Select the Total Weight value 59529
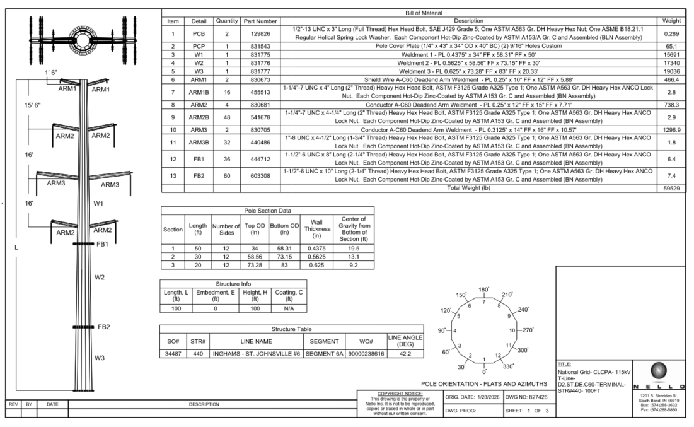coord(671,188)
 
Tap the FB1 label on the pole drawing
coord(101,243)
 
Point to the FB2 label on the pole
coord(103,327)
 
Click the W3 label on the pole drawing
coord(99,358)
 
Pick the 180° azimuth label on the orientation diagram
coord(483,290)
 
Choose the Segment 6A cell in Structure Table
coord(321,353)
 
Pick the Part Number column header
coord(260,21)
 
